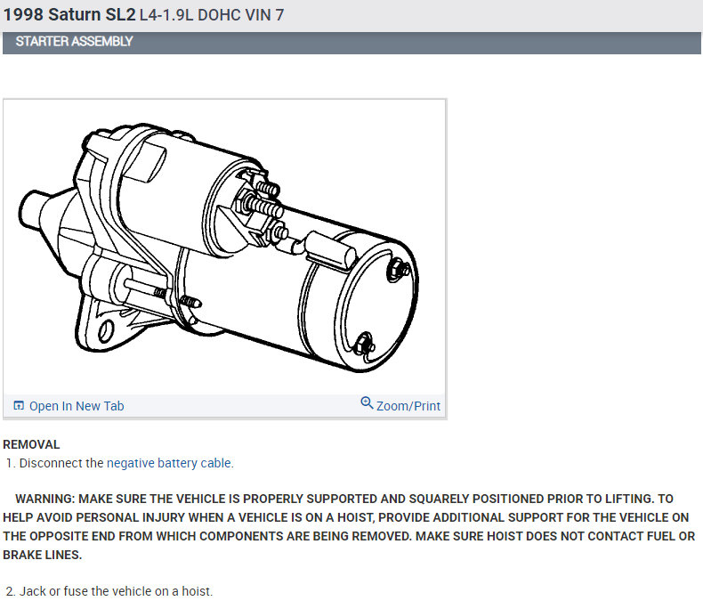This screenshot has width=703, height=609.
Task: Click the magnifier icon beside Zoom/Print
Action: (x=367, y=402)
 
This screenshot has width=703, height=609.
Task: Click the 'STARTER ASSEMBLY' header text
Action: (x=74, y=41)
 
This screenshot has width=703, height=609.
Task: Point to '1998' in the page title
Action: (x=23, y=14)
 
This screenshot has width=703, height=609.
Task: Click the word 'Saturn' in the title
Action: (x=75, y=14)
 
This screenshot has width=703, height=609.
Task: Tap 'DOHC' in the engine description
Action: (x=219, y=15)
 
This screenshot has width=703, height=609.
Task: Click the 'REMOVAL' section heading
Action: (x=31, y=444)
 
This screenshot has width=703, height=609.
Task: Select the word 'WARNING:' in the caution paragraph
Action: (x=44, y=499)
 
